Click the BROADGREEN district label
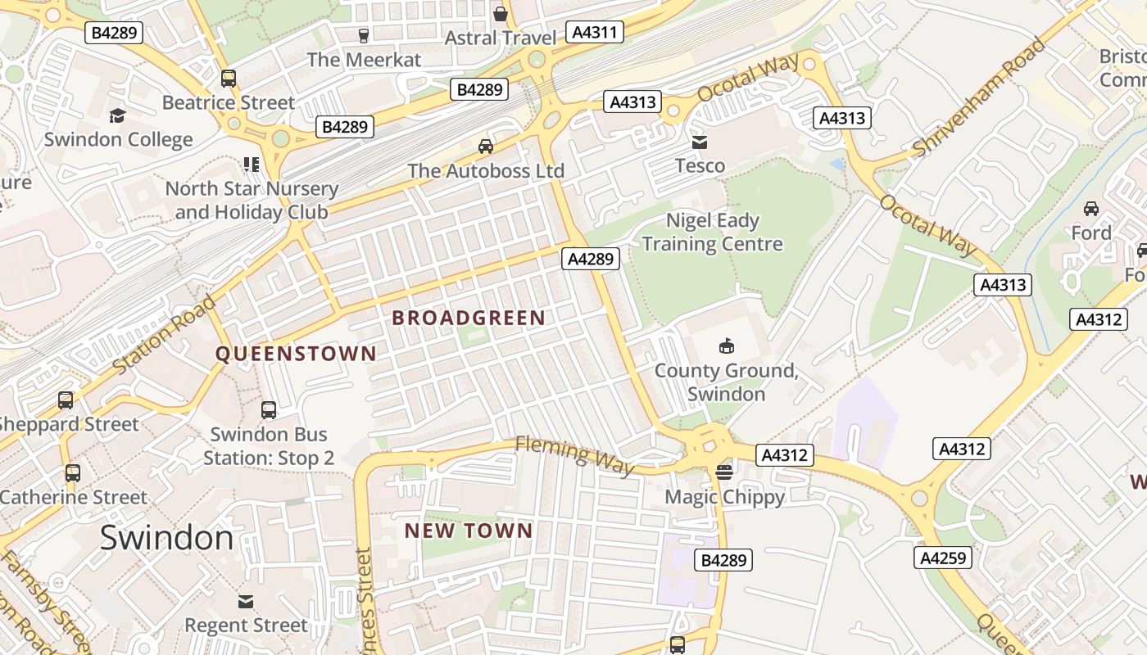point(468,318)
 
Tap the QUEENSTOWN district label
point(296,354)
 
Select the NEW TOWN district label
point(469,531)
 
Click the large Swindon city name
point(166,538)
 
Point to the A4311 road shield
point(596,33)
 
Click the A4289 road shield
point(591,259)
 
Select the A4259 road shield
point(943,558)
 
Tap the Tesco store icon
point(699,142)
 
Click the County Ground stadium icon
point(726,346)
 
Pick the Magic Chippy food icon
point(724,472)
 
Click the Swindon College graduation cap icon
point(118,115)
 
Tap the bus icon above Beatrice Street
point(229,79)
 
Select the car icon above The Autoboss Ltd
point(486,147)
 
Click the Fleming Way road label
point(574,455)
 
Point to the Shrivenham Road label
point(979,97)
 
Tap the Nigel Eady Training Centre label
point(712,232)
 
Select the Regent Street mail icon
point(245,602)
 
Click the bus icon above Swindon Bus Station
point(268,410)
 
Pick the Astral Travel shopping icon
point(501,14)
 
